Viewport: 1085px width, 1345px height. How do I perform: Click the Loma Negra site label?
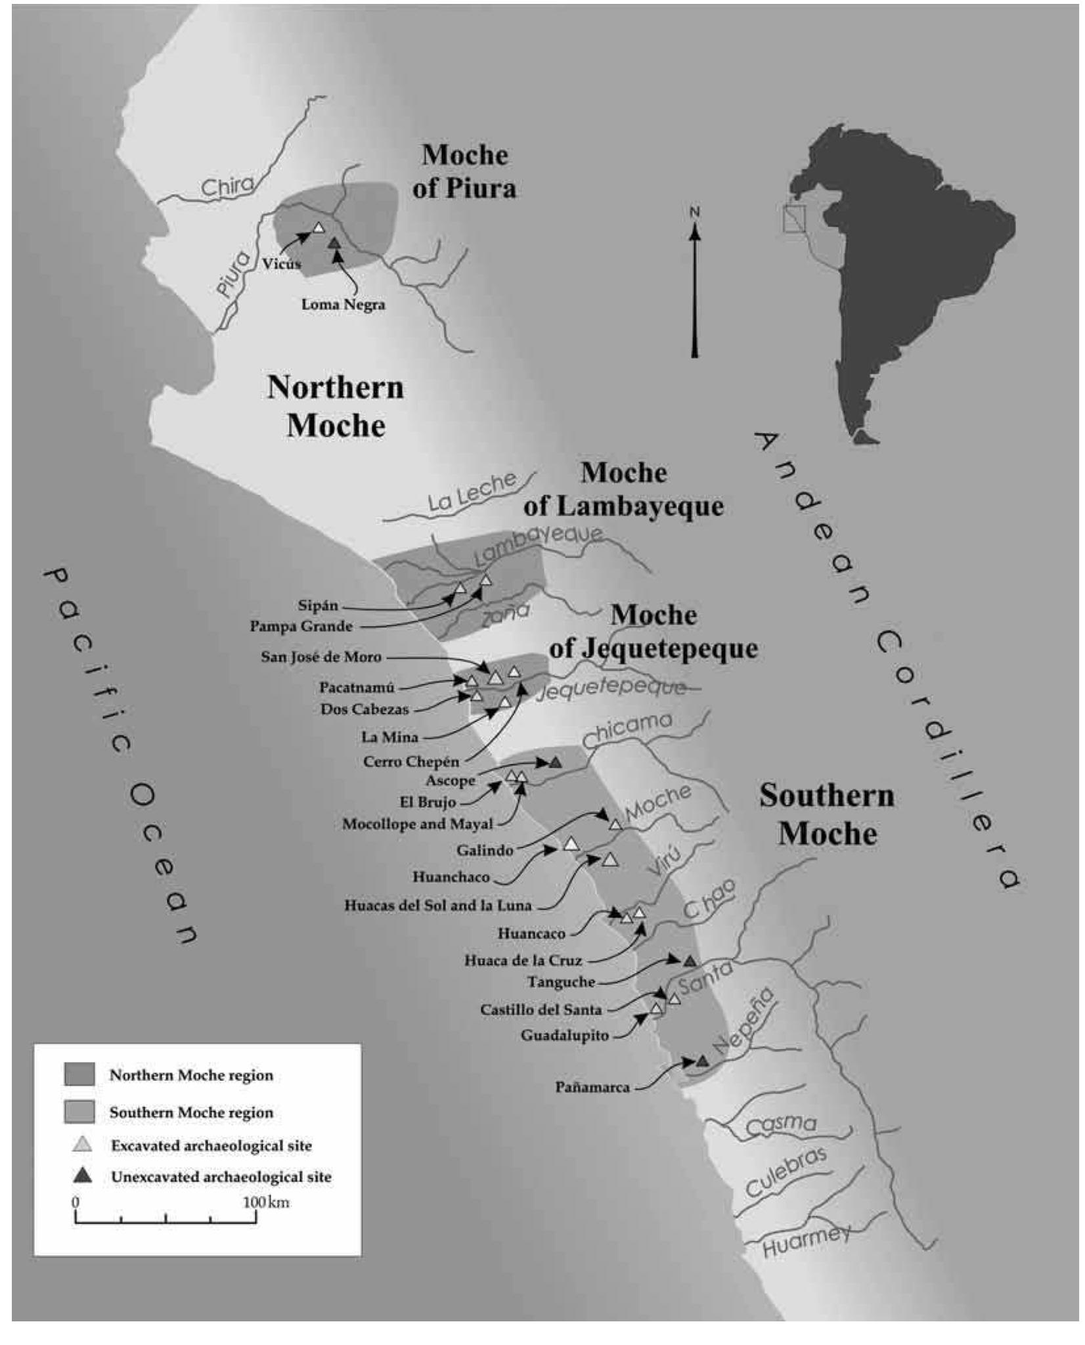343,305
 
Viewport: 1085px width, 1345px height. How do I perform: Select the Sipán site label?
317,606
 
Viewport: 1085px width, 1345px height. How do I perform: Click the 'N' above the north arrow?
695,211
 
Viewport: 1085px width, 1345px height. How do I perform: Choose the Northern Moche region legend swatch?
79,1074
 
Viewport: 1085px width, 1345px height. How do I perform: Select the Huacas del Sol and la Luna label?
437,906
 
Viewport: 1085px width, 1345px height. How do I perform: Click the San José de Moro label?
321,657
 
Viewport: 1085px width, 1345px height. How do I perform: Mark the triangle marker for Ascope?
556,763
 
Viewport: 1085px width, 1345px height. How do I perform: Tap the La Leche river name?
472,492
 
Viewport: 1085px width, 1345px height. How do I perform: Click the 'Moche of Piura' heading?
464,171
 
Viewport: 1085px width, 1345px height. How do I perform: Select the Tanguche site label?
561,982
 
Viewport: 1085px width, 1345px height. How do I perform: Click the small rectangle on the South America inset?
794,219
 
